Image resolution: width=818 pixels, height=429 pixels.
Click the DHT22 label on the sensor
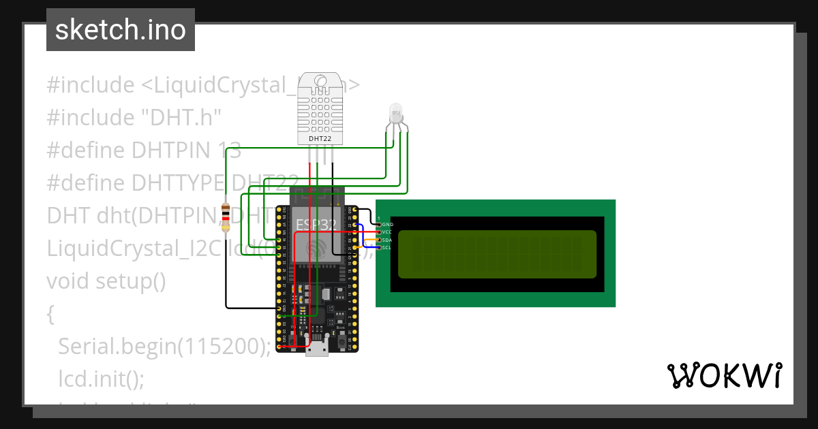(320, 138)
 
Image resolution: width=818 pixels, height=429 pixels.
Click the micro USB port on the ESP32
(316, 348)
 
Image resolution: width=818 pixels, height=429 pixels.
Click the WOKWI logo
(724, 375)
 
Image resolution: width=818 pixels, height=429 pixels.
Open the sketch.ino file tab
(121, 30)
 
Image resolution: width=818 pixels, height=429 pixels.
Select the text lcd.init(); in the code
(101, 378)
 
